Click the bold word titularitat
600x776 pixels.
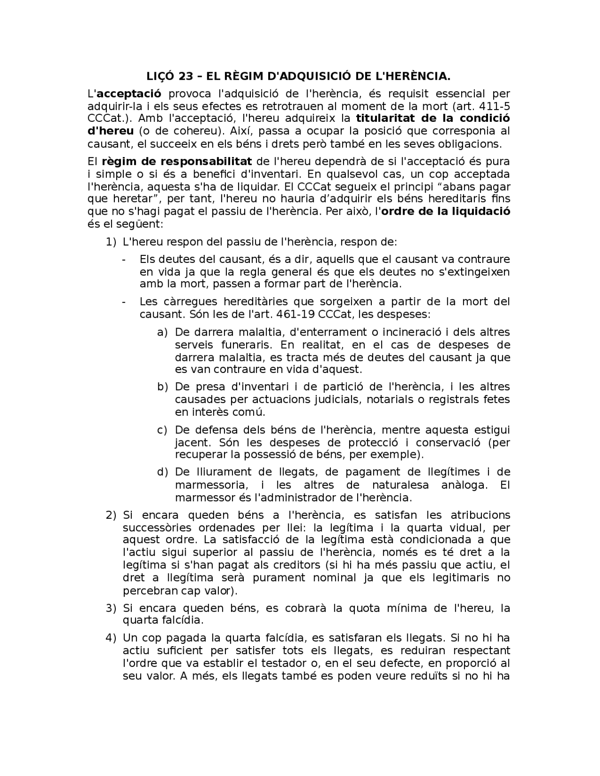coord(388,118)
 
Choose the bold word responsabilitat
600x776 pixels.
coord(206,162)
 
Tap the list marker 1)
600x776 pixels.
coord(111,242)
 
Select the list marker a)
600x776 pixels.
coord(162,332)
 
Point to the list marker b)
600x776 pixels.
coord(162,387)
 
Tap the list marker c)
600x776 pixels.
coord(162,430)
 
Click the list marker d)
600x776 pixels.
coord(162,472)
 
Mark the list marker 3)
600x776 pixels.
coord(111,608)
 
